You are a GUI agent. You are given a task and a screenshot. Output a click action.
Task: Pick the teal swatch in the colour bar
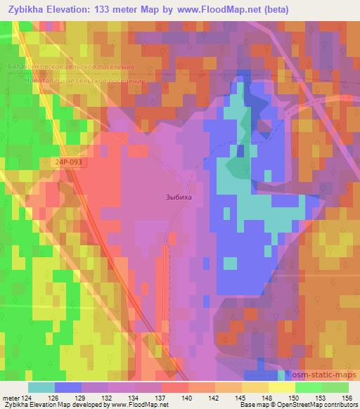[x=41, y=387]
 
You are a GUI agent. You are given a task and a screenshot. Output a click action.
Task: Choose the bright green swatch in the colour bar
[x=308, y=387]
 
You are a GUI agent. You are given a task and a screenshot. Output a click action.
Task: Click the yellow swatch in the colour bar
[x=281, y=387]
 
